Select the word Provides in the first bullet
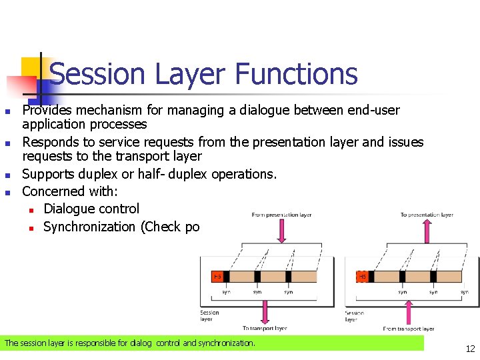49,109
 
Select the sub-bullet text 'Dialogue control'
91,209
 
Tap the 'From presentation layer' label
281,215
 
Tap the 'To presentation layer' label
427,215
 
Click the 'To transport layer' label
265,328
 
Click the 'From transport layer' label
409,328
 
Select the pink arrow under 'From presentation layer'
281,231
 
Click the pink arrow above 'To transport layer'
265,311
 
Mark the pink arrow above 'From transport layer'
409,311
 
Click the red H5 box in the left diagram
217,276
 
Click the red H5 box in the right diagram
362,276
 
